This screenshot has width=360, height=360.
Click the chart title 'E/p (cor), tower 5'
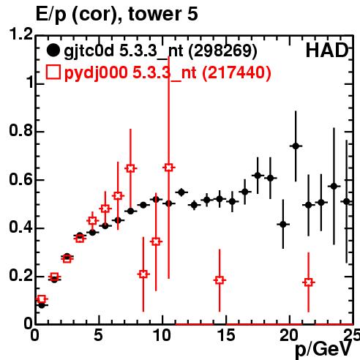click(x=116, y=14)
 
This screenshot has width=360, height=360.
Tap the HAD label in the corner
click(x=327, y=50)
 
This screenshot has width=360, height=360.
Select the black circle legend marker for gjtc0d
click(x=53, y=50)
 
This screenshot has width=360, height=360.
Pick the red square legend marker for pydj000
click(x=53, y=72)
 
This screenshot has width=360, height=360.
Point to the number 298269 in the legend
click(x=223, y=50)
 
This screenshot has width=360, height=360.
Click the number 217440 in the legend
click(x=236, y=72)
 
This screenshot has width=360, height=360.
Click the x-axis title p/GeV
click(x=323, y=350)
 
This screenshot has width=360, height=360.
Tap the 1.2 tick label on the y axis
click(x=21, y=34)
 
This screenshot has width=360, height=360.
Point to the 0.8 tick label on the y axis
click(x=21, y=130)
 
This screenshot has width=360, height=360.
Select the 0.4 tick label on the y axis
click(x=21, y=227)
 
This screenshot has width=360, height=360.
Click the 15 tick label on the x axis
click(x=226, y=335)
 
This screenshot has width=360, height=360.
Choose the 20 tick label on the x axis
click(x=289, y=335)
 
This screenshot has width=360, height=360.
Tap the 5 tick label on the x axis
click(x=99, y=335)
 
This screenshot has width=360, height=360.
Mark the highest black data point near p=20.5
click(x=296, y=146)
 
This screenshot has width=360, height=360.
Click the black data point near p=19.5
click(x=283, y=224)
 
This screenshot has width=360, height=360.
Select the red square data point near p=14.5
click(x=220, y=280)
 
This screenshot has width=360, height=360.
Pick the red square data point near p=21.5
click(x=309, y=282)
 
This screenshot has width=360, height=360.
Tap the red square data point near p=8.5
click(x=143, y=274)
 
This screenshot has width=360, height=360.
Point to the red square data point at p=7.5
click(x=130, y=168)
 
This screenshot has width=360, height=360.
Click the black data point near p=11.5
click(x=181, y=192)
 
